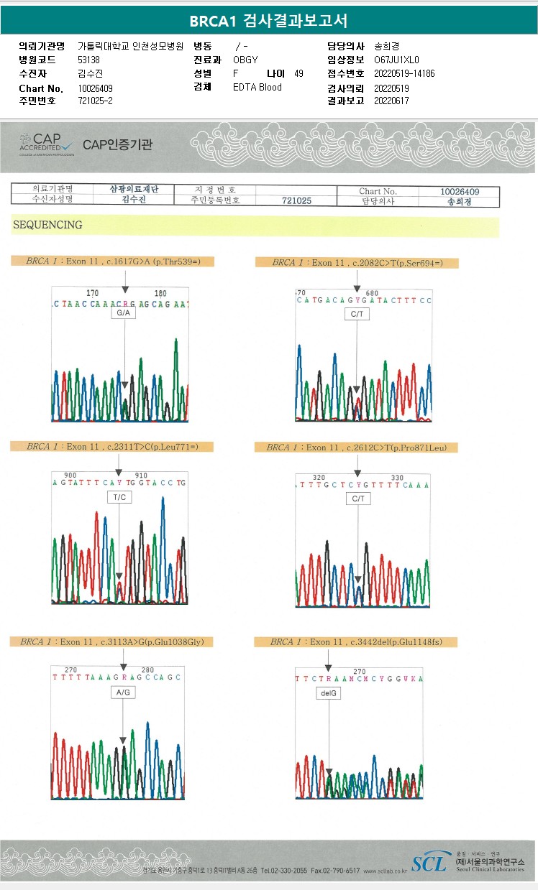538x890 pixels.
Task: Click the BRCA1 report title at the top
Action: pyautogui.click(x=268, y=21)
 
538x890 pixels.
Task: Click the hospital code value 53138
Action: pyautogui.click(x=88, y=60)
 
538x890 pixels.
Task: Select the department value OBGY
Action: pyautogui.click(x=245, y=60)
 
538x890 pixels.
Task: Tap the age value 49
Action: pyautogui.click(x=298, y=73)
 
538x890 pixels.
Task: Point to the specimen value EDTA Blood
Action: pyautogui.click(x=257, y=87)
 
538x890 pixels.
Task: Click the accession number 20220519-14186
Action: pyautogui.click(x=404, y=73)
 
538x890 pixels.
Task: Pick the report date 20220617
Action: pyautogui.click(x=391, y=101)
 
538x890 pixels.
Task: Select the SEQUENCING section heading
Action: pyautogui.click(x=47, y=225)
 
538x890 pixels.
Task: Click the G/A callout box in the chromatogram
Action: pyautogui.click(x=123, y=313)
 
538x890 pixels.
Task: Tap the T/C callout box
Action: pyautogui.click(x=119, y=497)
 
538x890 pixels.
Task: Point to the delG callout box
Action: pyautogui.click(x=328, y=694)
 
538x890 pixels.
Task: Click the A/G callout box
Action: pyautogui.click(x=122, y=692)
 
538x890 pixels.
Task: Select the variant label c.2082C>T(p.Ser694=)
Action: pyautogui.click(x=357, y=263)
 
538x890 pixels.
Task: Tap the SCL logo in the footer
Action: pyautogui.click(x=429, y=863)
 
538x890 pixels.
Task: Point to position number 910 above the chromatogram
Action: pyautogui.click(x=141, y=475)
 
